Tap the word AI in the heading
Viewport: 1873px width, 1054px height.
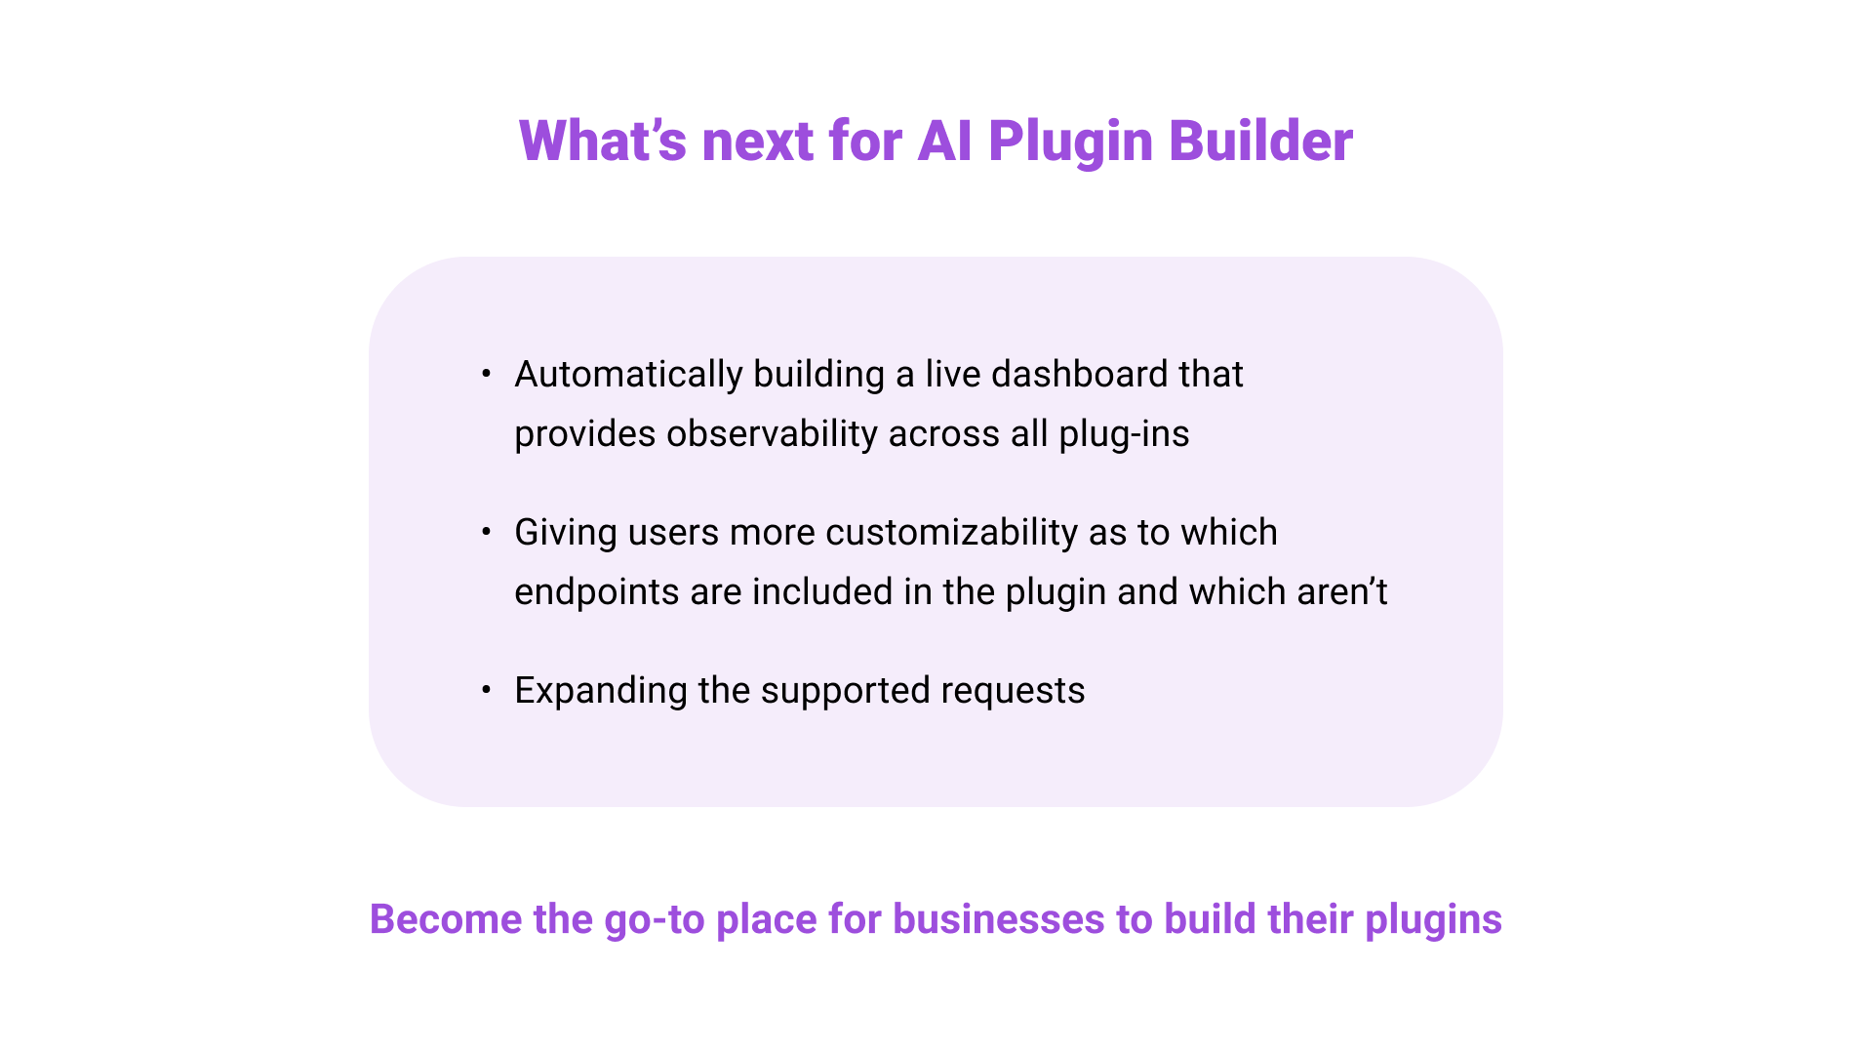click(x=944, y=141)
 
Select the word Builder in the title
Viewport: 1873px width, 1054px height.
click(x=1260, y=141)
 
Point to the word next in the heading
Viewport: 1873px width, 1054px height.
click(x=758, y=141)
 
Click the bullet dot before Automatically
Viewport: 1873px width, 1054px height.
click(x=486, y=374)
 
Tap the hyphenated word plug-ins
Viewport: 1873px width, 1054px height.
click(x=1124, y=434)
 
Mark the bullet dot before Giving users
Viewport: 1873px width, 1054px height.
click(x=486, y=532)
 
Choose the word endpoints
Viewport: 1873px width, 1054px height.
click(x=596, y=592)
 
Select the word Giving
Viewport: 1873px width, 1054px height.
click(x=566, y=533)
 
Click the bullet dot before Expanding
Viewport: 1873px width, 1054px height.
click(x=486, y=690)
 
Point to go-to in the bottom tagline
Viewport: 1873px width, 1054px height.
click(x=654, y=919)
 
